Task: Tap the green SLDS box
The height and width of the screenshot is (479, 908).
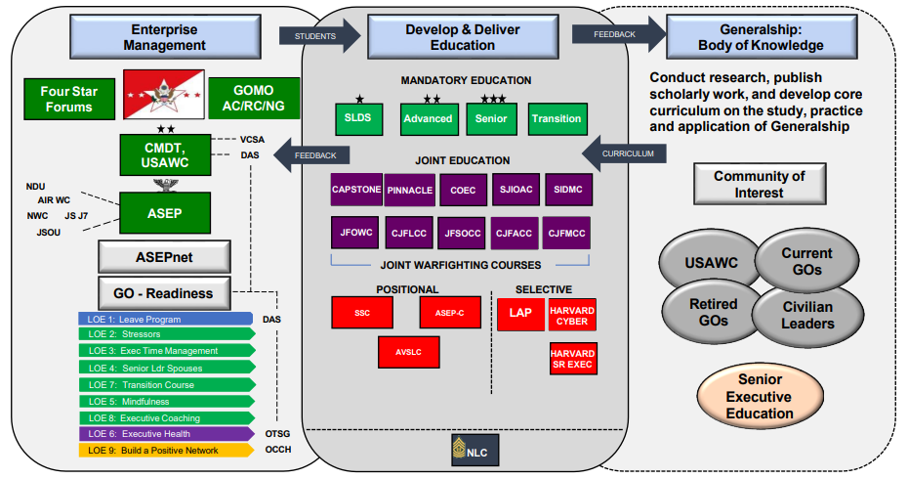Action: [360, 118]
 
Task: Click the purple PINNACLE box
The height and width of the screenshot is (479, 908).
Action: [410, 190]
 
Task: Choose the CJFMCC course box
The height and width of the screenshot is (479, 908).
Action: [566, 233]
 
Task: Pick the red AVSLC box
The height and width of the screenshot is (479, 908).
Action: [408, 352]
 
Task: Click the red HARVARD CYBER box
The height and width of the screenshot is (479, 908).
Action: [573, 315]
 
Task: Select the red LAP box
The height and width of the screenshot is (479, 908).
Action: [519, 313]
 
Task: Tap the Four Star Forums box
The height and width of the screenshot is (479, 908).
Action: [68, 99]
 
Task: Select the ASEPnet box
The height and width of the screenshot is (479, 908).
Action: [164, 257]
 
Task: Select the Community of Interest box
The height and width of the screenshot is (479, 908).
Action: [759, 184]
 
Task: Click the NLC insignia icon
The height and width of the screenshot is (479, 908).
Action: [459, 450]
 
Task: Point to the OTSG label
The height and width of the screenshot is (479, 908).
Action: [277, 433]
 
